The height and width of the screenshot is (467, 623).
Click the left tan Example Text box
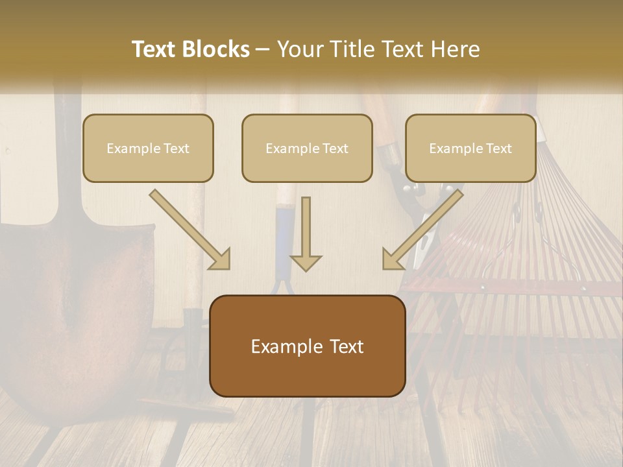click(x=148, y=148)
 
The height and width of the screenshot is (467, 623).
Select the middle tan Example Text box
click(x=307, y=148)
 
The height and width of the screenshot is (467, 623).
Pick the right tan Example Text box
click(x=470, y=148)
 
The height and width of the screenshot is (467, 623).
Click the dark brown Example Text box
click(x=307, y=346)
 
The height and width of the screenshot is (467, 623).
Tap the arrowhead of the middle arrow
click(x=306, y=262)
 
